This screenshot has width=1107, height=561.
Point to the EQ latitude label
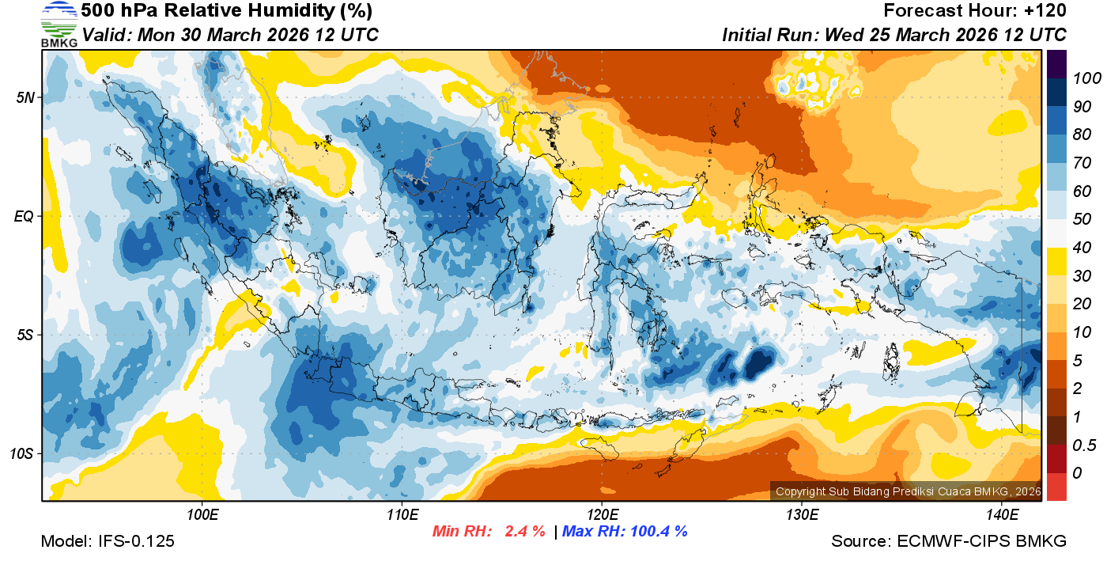point(24,216)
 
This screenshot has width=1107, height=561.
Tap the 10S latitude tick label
point(21,454)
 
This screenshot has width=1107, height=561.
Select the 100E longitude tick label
point(202,515)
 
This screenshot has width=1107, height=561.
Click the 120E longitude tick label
point(602,515)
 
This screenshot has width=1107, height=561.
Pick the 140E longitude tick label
point(1001,515)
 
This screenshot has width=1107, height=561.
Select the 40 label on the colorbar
point(1082,248)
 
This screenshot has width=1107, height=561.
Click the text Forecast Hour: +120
point(975,11)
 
